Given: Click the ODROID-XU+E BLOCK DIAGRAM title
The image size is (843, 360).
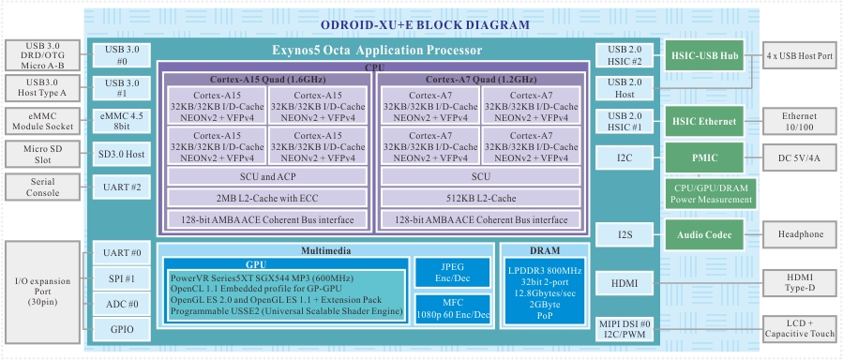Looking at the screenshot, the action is pyautogui.click(x=425, y=24).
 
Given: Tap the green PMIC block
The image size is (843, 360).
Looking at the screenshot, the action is pyautogui.click(x=704, y=157).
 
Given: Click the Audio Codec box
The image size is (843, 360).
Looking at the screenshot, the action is pyautogui.click(x=704, y=234).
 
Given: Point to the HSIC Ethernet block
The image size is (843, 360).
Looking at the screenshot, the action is pyautogui.click(x=704, y=122).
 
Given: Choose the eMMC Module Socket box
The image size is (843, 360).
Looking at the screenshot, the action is pyautogui.click(x=43, y=122).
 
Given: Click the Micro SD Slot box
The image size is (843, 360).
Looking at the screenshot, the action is pyautogui.click(x=43, y=154).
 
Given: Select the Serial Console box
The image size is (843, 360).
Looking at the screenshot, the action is pyautogui.click(x=43, y=187).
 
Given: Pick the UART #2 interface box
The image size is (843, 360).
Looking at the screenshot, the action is pyautogui.click(x=122, y=187).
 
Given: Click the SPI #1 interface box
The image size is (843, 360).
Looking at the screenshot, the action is pyautogui.click(x=122, y=278).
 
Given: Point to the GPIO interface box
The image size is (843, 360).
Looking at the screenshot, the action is pyautogui.click(x=122, y=329).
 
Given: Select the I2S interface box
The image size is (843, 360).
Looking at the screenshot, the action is pyautogui.click(x=625, y=234).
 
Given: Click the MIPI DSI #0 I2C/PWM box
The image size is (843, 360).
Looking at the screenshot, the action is pyautogui.click(x=625, y=329).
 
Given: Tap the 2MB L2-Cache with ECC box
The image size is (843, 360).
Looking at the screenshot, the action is pyautogui.click(x=267, y=198).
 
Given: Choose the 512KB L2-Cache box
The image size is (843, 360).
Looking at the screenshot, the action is pyautogui.click(x=481, y=198).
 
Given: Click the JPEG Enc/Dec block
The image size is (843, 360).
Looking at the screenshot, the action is pyautogui.click(x=453, y=273).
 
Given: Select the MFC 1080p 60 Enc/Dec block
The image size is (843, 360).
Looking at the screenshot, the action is pyautogui.click(x=453, y=309).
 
